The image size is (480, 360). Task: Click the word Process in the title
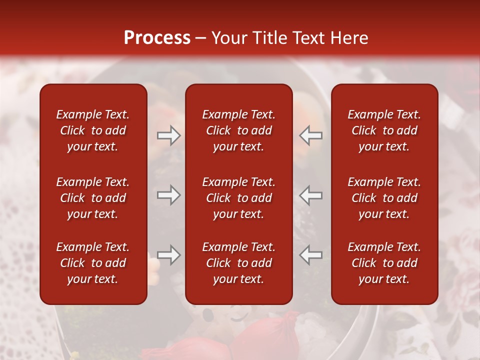tap(157, 38)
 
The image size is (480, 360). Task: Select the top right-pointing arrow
tap(169, 135)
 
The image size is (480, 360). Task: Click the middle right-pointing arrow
tap(169, 195)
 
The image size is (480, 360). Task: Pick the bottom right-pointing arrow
tap(169, 255)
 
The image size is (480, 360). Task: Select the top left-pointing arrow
tap(311, 135)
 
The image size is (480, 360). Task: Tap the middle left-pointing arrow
tap(311, 195)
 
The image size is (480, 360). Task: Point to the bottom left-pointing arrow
tap(311, 255)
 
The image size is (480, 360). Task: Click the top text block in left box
tap(93, 130)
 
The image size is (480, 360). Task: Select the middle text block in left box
tap(93, 198)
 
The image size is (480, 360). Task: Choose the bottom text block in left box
tap(93, 263)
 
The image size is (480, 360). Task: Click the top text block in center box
tap(238, 130)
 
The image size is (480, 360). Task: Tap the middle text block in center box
tap(238, 198)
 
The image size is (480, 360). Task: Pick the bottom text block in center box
tap(238, 263)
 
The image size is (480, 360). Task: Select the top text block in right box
tap(384, 130)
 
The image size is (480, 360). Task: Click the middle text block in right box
tap(384, 198)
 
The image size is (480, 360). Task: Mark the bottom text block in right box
tap(384, 263)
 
